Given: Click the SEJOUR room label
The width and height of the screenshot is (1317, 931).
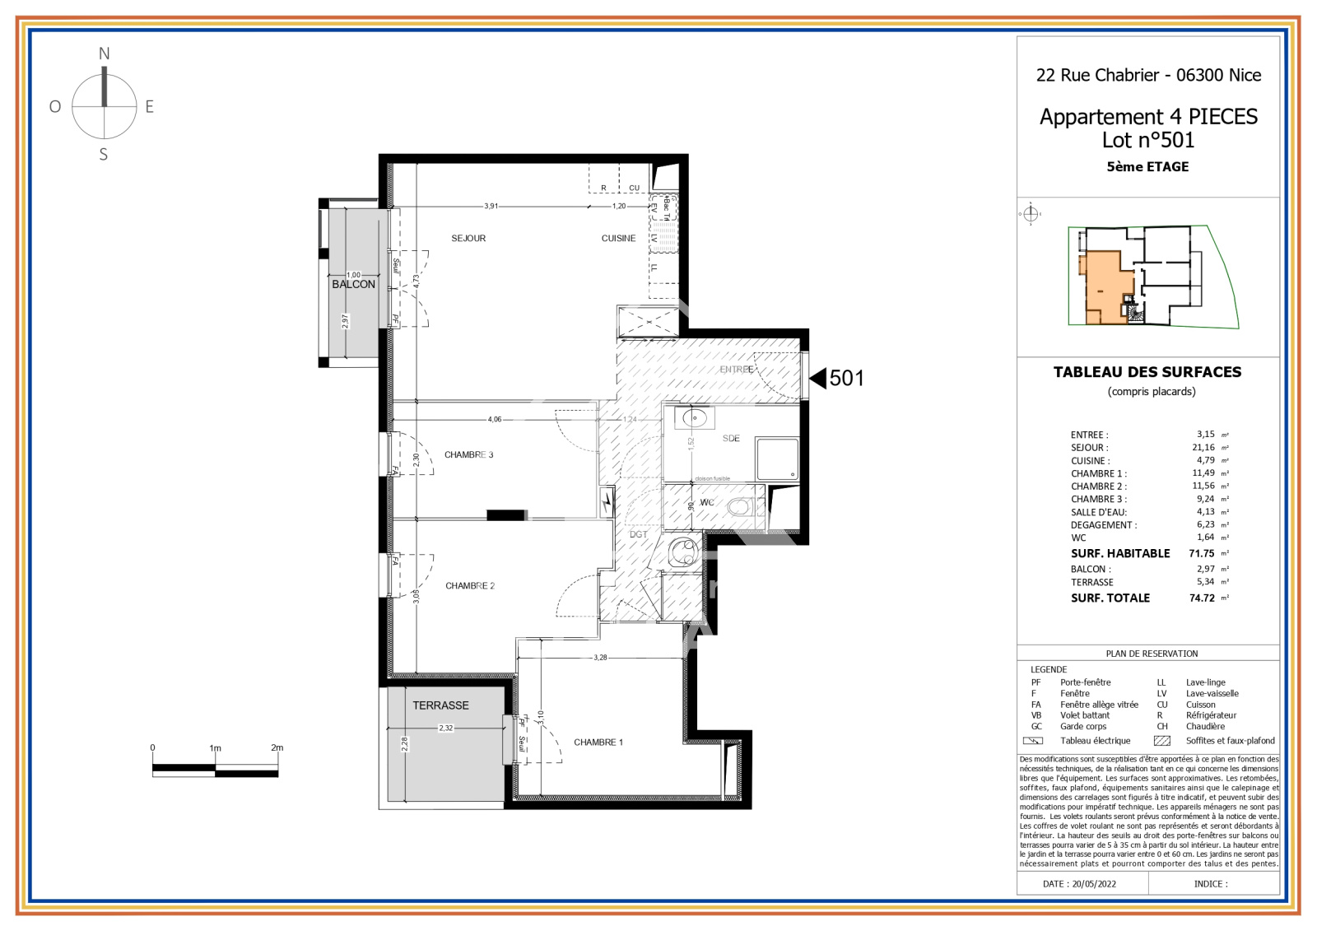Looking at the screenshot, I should (468, 239).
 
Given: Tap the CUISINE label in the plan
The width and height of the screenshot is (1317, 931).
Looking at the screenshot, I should (618, 239).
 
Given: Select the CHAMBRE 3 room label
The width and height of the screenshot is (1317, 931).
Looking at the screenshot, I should (468, 455).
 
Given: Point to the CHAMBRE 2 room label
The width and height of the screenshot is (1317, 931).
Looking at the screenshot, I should (469, 586).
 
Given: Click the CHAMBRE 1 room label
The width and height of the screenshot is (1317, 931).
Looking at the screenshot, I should (598, 742).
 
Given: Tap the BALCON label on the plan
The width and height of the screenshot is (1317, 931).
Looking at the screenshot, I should (353, 285).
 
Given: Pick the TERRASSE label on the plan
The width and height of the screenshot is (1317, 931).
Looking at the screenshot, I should (440, 706).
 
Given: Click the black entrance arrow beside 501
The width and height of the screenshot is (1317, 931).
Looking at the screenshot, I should (818, 378).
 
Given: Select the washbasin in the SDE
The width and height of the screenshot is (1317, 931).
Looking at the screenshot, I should (694, 418).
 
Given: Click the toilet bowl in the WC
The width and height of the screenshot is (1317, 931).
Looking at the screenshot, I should (740, 507).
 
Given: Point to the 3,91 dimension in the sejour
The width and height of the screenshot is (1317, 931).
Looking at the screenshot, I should (491, 207).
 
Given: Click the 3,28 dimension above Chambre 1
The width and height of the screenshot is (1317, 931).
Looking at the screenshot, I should (600, 658).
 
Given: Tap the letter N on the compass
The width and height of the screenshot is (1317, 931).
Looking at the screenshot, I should (104, 54).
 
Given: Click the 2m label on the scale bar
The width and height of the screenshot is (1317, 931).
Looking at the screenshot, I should (277, 748).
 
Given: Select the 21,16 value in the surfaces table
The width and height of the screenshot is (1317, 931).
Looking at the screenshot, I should (1203, 448).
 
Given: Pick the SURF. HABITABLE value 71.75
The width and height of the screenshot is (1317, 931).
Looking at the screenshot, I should (1201, 554).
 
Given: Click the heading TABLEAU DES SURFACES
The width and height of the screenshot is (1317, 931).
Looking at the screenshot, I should (1147, 372).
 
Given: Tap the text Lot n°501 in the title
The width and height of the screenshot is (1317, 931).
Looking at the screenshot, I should (1148, 141).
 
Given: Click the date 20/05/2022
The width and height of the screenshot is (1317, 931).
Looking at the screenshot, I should (1094, 884).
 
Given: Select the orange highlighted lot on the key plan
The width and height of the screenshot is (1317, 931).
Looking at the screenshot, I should (1104, 284).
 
